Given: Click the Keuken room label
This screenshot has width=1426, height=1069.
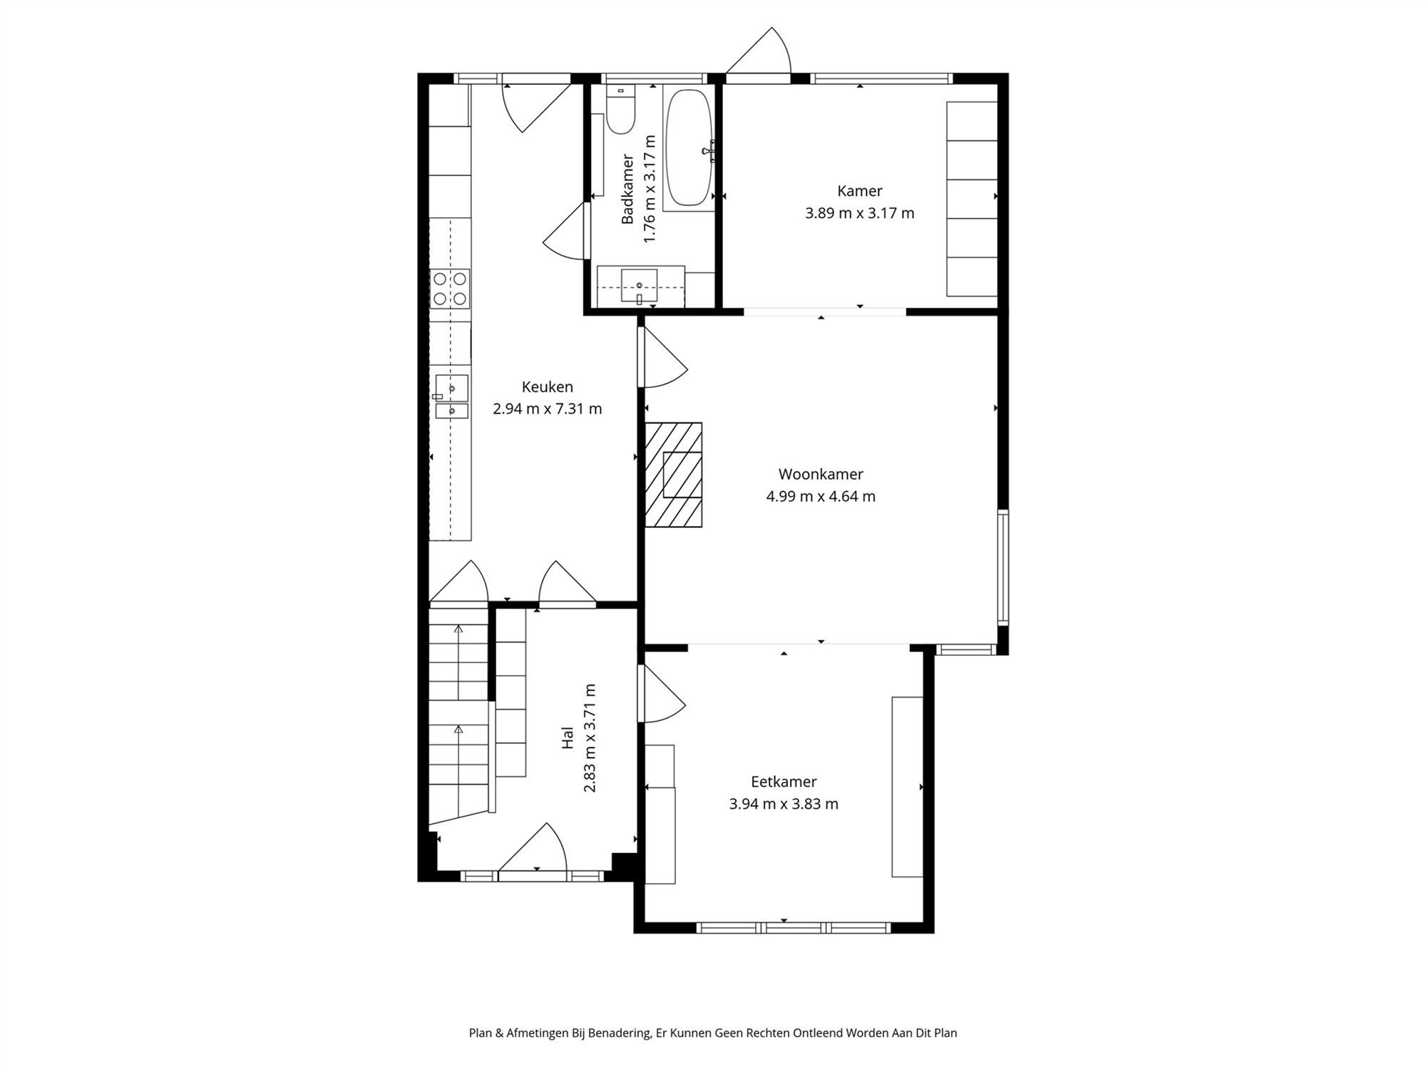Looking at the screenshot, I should click(547, 387).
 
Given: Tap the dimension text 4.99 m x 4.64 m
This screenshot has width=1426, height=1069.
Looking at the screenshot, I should click(820, 496).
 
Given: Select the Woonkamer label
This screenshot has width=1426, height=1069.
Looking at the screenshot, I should click(820, 474).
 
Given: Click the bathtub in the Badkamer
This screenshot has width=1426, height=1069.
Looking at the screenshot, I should click(688, 147).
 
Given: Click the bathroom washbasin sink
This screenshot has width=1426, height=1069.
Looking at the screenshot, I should click(639, 286).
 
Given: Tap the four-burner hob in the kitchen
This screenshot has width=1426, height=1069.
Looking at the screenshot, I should click(450, 289).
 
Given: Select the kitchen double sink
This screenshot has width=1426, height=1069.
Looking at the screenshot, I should click(451, 396).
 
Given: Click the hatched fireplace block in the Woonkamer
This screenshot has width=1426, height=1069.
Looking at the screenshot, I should click(673, 475).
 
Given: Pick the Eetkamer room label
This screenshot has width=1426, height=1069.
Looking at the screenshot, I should click(783, 781).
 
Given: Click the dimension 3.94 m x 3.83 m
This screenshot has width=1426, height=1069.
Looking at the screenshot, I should click(783, 804).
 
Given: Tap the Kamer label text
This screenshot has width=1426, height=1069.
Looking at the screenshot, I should click(859, 191).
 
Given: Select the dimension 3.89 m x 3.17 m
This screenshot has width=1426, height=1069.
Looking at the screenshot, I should click(859, 213).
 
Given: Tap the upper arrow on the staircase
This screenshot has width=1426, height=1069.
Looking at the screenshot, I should click(458, 630).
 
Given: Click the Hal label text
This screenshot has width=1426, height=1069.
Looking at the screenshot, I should click(568, 738).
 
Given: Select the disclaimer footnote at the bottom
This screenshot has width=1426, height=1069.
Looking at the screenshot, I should click(712, 1033).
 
